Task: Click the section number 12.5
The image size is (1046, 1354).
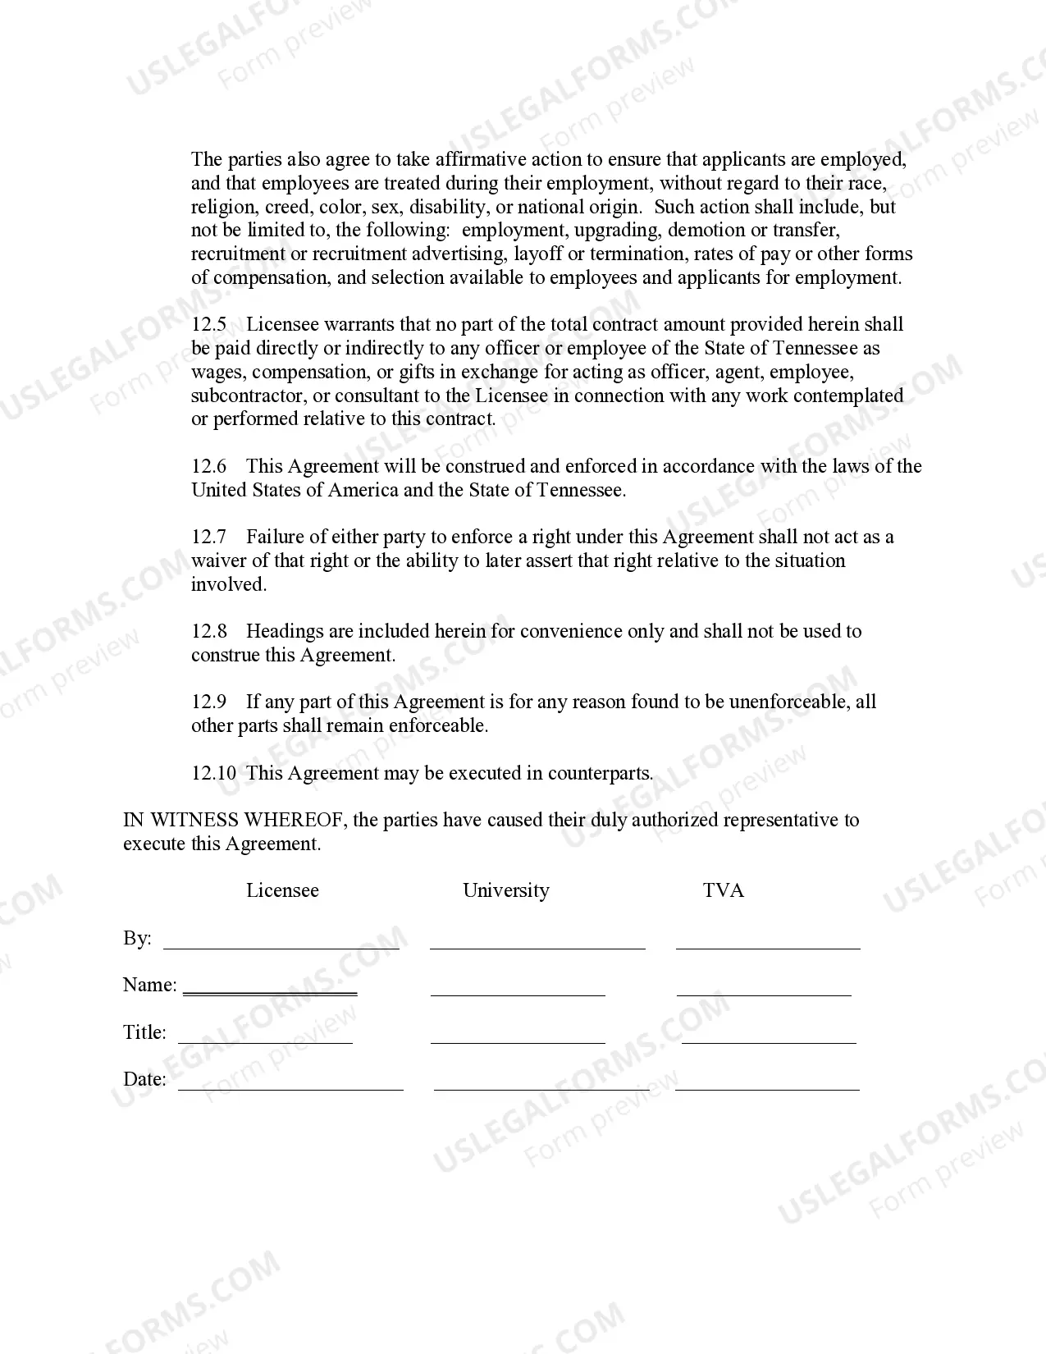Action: [x=209, y=325]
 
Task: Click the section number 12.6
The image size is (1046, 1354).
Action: [x=209, y=467]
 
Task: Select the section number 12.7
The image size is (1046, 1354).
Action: [x=209, y=537]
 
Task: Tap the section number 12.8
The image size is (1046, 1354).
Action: [x=209, y=632]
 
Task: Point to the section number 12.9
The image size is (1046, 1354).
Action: [x=209, y=702]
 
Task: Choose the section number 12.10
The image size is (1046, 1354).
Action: [x=214, y=773]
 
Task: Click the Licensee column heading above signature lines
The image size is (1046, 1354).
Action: [x=282, y=891]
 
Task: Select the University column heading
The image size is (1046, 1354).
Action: [x=506, y=891]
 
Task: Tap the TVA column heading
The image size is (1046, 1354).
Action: [x=724, y=891]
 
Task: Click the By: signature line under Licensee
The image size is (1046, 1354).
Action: [x=281, y=947]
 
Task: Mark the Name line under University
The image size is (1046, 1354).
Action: [x=518, y=994]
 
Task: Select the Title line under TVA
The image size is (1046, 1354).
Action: [x=769, y=1041]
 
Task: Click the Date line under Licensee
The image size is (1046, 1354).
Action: [x=290, y=1088]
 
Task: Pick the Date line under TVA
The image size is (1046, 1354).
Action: [x=767, y=1088]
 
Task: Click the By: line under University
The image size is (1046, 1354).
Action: [x=537, y=947]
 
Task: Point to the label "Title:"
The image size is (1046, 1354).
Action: [x=144, y=1032]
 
